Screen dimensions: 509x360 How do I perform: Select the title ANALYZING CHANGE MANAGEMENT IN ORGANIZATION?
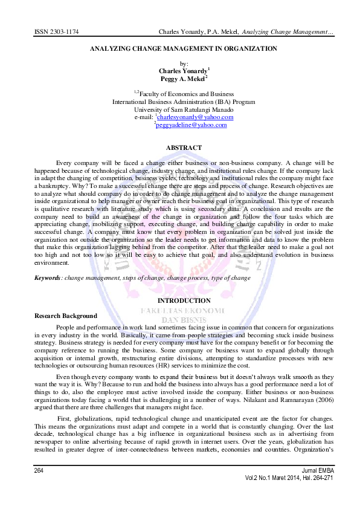(x=184, y=48)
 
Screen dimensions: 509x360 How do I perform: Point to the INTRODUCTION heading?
(x=184, y=300)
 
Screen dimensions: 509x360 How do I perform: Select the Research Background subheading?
(x=66, y=316)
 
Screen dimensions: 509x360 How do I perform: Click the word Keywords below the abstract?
(x=48, y=277)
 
